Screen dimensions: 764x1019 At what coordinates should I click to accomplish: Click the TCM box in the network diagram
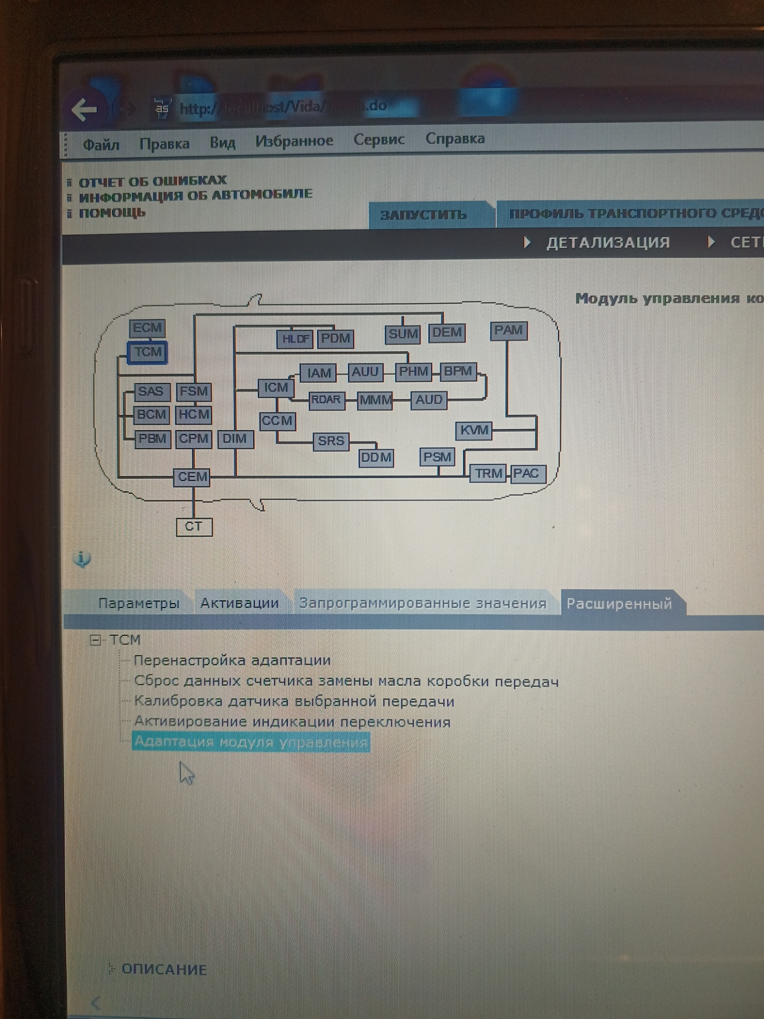[147, 352]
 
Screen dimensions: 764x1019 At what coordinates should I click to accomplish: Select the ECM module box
[147, 328]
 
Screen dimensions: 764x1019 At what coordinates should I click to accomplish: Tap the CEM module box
[192, 477]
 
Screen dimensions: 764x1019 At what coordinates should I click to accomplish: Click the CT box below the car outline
[194, 526]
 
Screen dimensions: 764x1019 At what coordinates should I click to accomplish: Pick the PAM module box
[508, 331]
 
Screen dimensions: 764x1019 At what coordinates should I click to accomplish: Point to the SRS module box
[331, 441]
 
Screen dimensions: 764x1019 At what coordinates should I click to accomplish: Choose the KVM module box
[474, 430]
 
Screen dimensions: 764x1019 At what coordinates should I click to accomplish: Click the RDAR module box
[326, 400]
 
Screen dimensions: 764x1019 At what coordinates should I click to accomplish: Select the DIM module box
[235, 439]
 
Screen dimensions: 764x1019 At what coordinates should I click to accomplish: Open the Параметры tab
[138, 603]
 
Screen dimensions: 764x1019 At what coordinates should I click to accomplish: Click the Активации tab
[239, 603]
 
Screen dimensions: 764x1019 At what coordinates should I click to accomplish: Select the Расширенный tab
[619, 604]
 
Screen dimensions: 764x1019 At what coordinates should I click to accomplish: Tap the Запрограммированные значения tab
[422, 603]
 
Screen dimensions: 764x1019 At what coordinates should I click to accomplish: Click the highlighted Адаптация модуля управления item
[250, 741]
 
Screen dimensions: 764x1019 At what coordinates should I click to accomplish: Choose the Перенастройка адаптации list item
[232, 661]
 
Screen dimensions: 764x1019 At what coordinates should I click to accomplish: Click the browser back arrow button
[84, 110]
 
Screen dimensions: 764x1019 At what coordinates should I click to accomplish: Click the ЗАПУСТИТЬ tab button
[423, 215]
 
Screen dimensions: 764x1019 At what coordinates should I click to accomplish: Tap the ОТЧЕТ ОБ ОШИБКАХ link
[152, 182]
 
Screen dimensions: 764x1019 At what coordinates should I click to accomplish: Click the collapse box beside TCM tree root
[95, 640]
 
